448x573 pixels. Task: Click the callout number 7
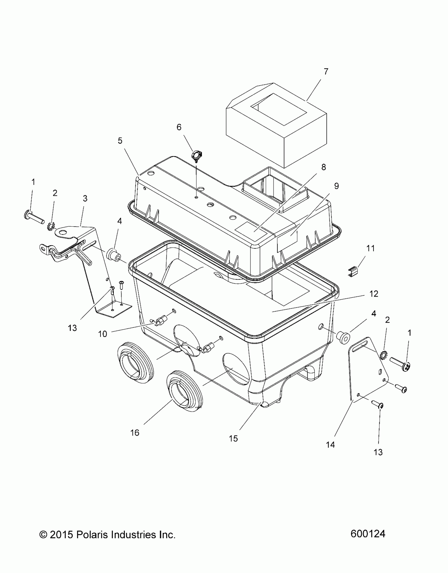pyautogui.click(x=326, y=71)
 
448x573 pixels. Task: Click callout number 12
pyautogui.click(x=374, y=294)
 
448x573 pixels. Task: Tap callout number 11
pyautogui.click(x=371, y=248)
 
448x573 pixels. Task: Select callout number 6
pyautogui.click(x=179, y=127)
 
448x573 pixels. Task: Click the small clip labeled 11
pyautogui.click(x=352, y=272)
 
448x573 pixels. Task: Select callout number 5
pyautogui.click(x=120, y=141)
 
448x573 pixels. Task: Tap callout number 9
pyautogui.click(x=336, y=186)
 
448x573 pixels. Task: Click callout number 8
pyautogui.click(x=323, y=167)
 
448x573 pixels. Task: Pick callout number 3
pyautogui.click(x=85, y=198)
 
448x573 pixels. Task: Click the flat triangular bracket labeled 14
pyautogui.click(x=366, y=371)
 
